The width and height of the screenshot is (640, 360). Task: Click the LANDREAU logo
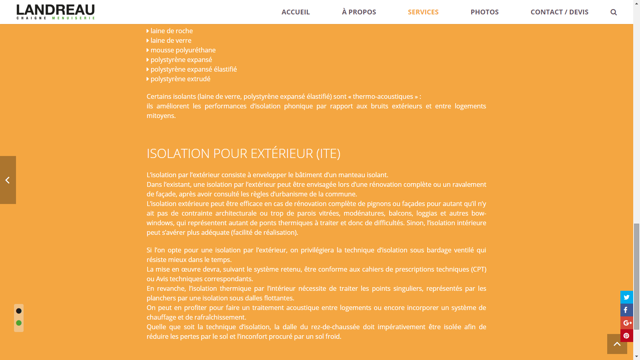point(56,12)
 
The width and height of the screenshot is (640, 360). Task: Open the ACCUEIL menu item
point(296,12)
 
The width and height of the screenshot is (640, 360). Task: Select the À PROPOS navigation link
point(359,12)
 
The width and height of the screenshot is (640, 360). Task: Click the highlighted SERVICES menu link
point(423,12)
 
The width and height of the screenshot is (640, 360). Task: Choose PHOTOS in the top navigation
point(484,12)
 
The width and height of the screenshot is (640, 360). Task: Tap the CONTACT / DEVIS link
point(559,12)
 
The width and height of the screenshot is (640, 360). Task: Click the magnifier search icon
point(614,12)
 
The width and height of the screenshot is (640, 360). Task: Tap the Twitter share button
point(626,297)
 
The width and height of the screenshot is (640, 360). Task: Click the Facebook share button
point(626,310)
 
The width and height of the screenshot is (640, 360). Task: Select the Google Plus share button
point(626,323)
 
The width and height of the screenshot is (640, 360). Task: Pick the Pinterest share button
point(626,336)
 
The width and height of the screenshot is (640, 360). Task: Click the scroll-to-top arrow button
point(617,344)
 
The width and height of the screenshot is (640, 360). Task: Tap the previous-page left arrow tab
point(8,180)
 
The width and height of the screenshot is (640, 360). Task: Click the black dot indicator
point(19,311)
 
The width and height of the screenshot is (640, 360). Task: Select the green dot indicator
point(19,323)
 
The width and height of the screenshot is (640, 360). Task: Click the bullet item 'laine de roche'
point(172,31)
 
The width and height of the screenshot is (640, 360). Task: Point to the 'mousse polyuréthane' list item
point(183,50)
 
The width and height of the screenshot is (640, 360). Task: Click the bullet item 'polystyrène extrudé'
point(180,79)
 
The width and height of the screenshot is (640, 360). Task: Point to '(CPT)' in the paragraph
point(478,269)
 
